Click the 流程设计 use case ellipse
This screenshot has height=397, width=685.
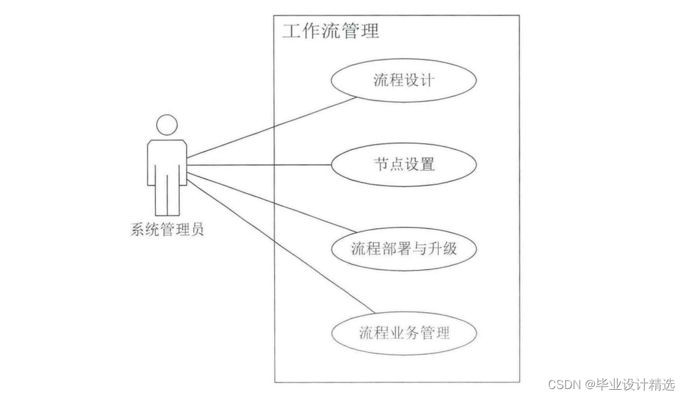pyautogui.click(x=403, y=81)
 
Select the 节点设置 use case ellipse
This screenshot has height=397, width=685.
pyautogui.click(x=403, y=164)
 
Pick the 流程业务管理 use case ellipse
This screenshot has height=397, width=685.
pyautogui.click(x=403, y=331)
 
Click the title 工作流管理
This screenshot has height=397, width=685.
pyautogui.click(x=331, y=30)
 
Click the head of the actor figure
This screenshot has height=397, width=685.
pyautogui.click(x=167, y=124)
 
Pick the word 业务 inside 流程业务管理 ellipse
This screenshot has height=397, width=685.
pyautogui.click(x=403, y=331)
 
